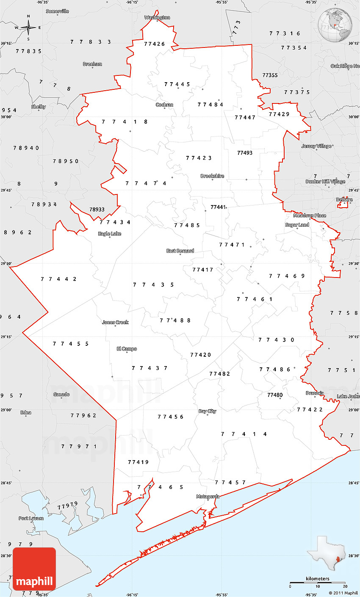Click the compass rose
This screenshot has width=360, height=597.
click(x=28, y=28)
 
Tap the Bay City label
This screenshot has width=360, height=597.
click(x=207, y=411)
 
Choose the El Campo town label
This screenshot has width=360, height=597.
click(x=127, y=349)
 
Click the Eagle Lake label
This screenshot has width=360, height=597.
click(x=110, y=233)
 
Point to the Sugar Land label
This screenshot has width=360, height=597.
click(x=297, y=225)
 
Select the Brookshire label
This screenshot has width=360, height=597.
click(x=212, y=176)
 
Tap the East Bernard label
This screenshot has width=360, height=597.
click(x=180, y=251)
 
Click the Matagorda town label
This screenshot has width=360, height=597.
click(x=208, y=496)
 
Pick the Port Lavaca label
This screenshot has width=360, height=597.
click(x=30, y=518)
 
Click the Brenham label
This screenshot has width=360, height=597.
click(x=92, y=64)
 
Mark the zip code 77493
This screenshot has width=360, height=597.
click(x=244, y=153)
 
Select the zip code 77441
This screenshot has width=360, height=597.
click(x=218, y=207)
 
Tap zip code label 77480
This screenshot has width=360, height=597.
click(x=274, y=395)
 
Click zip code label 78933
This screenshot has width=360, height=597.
click(x=97, y=209)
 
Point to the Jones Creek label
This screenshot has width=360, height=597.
click(x=115, y=322)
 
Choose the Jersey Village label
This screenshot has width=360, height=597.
click(x=316, y=146)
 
